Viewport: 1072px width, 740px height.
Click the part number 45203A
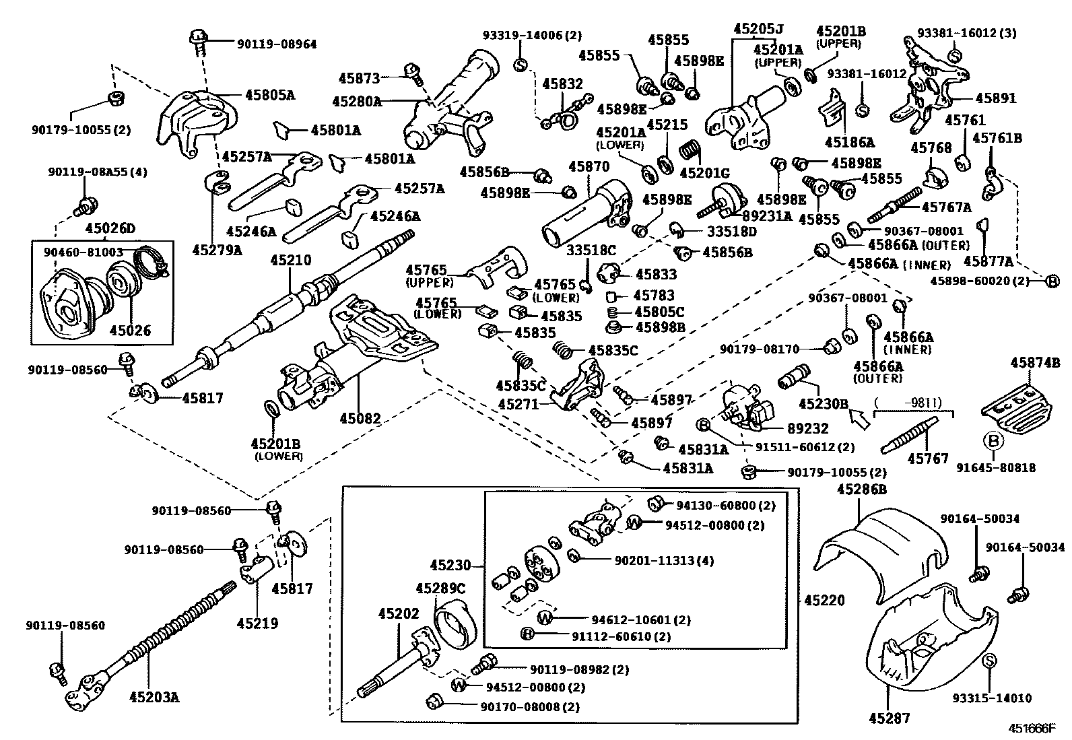click(154, 697)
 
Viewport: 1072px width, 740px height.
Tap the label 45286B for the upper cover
click(861, 490)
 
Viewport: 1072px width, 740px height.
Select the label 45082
click(360, 419)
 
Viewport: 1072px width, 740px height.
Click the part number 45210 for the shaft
click(291, 260)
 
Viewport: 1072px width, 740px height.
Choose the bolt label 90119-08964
click(276, 44)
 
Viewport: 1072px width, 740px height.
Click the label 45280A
click(356, 102)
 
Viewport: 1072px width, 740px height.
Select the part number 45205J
click(758, 29)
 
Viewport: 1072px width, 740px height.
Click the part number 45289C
click(440, 588)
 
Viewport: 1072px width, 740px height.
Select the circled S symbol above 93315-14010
click(989, 662)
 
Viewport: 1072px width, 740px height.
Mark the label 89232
click(807, 428)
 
